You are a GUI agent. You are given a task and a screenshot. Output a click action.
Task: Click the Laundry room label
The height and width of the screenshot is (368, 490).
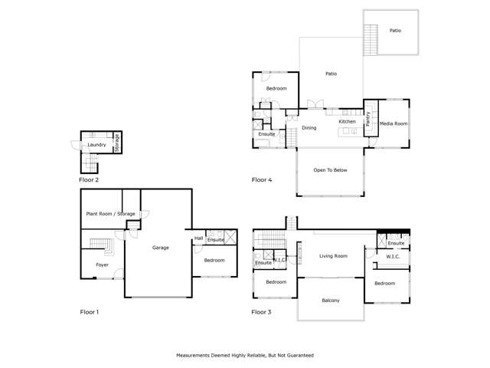click(x=96, y=144)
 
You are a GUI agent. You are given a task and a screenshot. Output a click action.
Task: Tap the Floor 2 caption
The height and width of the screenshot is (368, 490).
click(x=89, y=180)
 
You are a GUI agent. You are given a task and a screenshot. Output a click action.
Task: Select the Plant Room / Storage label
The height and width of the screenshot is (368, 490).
click(x=110, y=214)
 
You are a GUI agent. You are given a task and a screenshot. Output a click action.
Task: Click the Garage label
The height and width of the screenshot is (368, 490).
click(x=161, y=248)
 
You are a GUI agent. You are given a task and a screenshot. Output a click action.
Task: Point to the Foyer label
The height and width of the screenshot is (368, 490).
click(x=102, y=264)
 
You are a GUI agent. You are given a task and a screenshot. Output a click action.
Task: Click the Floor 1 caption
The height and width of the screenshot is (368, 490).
click(x=90, y=312)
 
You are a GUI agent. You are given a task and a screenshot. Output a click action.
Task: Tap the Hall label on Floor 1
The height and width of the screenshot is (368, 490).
click(x=198, y=238)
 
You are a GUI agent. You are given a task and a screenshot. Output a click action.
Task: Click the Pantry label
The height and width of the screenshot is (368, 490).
click(x=368, y=119)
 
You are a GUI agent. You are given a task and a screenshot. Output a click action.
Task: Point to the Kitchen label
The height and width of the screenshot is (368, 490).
click(x=348, y=122)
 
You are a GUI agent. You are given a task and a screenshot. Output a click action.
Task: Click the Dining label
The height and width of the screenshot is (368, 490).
click(x=309, y=128)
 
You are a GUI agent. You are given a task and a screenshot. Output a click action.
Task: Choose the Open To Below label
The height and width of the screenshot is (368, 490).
click(x=330, y=170)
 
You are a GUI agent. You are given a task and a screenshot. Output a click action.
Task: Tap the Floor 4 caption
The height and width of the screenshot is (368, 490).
click(x=262, y=180)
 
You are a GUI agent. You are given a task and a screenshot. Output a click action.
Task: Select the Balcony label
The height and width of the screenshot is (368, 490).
click(x=331, y=300)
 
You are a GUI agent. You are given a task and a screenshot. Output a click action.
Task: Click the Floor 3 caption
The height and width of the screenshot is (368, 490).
click(x=262, y=312)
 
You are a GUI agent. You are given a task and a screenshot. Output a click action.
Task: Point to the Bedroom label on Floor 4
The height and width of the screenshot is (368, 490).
click(x=276, y=89)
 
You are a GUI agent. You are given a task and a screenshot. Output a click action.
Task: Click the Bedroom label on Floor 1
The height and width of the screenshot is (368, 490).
click(x=214, y=260)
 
